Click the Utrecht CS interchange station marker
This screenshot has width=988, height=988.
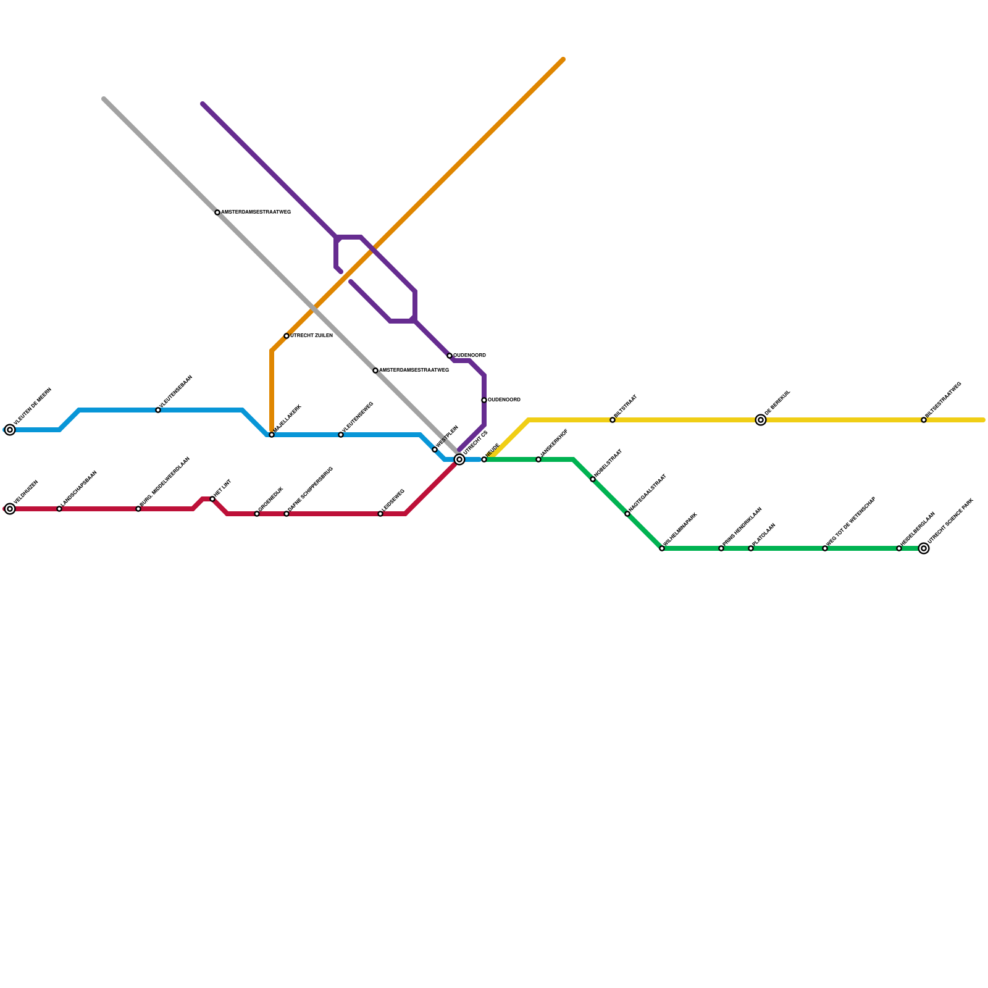(x=459, y=459)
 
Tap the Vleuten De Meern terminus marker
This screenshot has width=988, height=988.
(x=10, y=430)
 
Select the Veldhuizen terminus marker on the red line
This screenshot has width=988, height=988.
(x=10, y=509)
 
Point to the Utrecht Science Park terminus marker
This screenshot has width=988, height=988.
(x=924, y=548)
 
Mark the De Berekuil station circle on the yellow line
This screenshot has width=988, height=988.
(x=761, y=420)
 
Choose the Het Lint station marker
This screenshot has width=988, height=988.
(x=212, y=499)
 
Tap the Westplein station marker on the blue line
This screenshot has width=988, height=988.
(x=435, y=450)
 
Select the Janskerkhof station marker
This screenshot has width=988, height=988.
(x=538, y=459)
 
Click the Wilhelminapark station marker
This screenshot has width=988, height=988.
(x=662, y=548)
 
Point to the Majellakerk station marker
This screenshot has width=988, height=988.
(x=272, y=435)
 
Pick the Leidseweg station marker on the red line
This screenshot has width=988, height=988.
(x=380, y=514)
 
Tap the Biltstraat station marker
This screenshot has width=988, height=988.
(x=613, y=420)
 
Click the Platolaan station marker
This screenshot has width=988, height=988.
(x=751, y=548)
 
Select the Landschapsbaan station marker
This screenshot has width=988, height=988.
(x=59, y=509)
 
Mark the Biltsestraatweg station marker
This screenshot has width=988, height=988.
(x=924, y=420)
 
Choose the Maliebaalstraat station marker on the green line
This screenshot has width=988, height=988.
(x=627, y=514)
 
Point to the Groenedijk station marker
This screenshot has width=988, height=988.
(x=257, y=514)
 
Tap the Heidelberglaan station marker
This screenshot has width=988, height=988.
(x=899, y=548)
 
